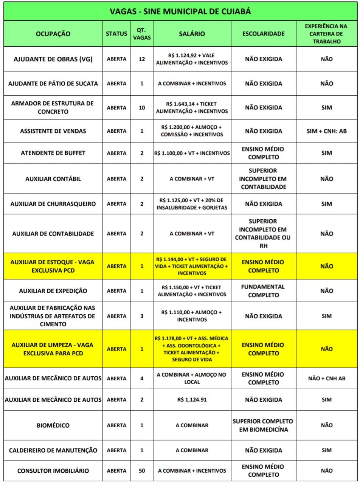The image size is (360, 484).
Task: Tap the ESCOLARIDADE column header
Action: click(263, 34)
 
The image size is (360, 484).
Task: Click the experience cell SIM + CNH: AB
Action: click(327, 131)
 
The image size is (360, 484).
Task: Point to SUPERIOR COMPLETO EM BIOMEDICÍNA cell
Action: click(263, 425)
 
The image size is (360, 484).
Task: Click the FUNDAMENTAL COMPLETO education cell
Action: click(263, 291)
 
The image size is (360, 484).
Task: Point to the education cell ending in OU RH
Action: click(263, 234)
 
